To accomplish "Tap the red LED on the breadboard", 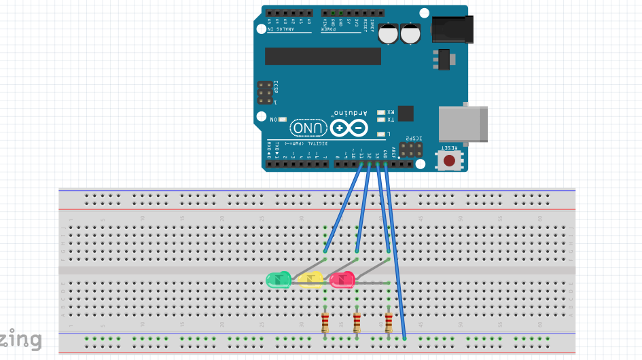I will tap(342, 280).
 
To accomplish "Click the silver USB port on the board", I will tap(463, 124).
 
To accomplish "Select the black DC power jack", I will tap(450, 28).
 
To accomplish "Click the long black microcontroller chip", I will tap(323, 56).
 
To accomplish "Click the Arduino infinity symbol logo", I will tap(350, 128).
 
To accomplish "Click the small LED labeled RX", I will tap(381, 112).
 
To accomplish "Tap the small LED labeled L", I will tap(381, 134).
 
